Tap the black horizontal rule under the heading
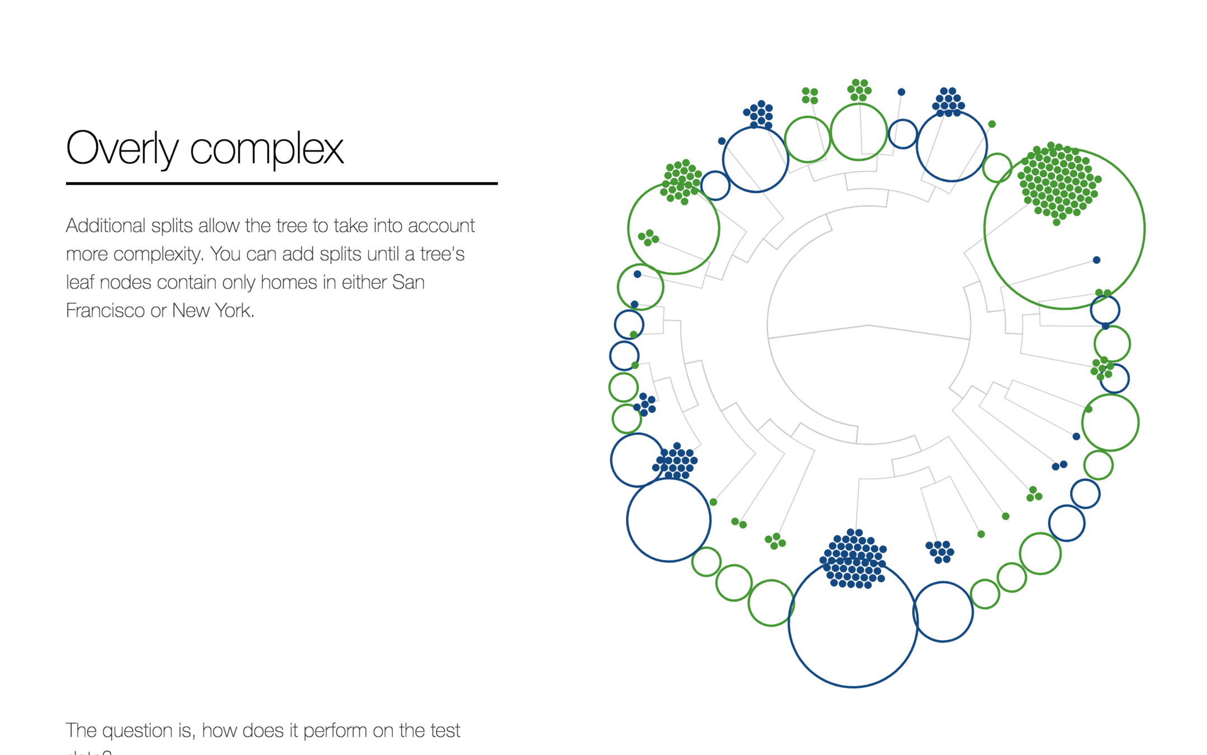[x=282, y=183]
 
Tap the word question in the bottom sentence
[x=146, y=730]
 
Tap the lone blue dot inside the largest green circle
[x=1096, y=260]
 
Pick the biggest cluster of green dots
[x=1058, y=182]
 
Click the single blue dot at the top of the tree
[x=901, y=92]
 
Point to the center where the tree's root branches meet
[x=869, y=325]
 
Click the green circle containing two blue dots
[x=640, y=287]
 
